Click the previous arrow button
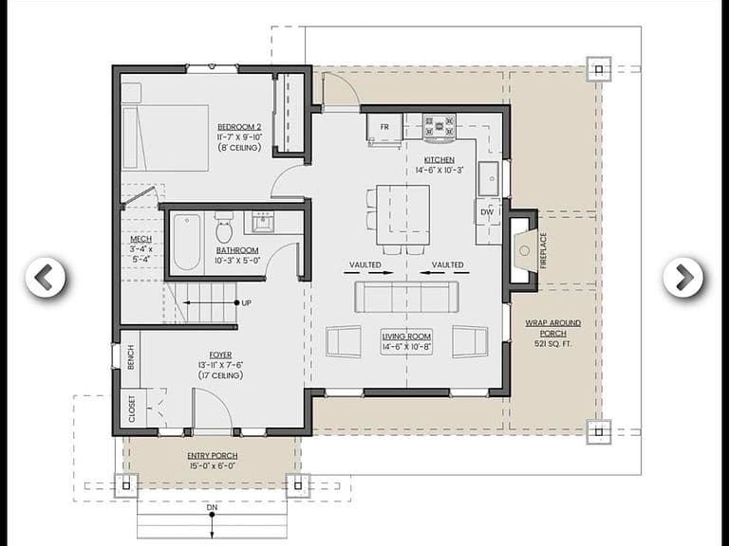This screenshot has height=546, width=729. pyautogui.click(x=46, y=277)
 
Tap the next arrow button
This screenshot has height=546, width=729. pyautogui.click(x=683, y=277)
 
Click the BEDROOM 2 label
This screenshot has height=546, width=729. pyautogui.click(x=239, y=127)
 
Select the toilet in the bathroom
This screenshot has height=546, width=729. pyautogui.click(x=224, y=227)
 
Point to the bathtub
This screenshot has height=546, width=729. pyautogui.click(x=187, y=242)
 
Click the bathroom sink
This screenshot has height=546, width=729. pyautogui.click(x=263, y=222)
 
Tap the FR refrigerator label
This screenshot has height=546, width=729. pyautogui.click(x=384, y=127)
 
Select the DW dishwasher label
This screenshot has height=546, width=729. pyautogui.click(x=487, y=212)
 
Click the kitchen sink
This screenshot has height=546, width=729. pyautogui.click(x=489, y=178)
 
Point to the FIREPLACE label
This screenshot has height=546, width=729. pyautogui.click(x=543, y=250)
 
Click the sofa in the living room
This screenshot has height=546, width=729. pyautogui.click(x=406, y=297)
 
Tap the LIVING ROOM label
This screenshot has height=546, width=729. pyautogui.click(x=406, y=337)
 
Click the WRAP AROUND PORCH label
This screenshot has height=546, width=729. pyautogui.click(x=552, y=328)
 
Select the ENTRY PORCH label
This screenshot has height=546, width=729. pyautogui.click(x=213, y=456)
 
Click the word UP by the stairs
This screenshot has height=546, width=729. pyautogui.click(x=247, y=303)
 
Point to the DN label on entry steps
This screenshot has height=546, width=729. pyautogui.click(x=212, y=507)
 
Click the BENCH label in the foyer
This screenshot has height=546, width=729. pyautogui.click(x=131, y=357)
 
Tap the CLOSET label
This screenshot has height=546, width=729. pyautogui.click(x=132, y=409)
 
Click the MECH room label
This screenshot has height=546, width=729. pyautogui.click(x=140, y=239)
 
